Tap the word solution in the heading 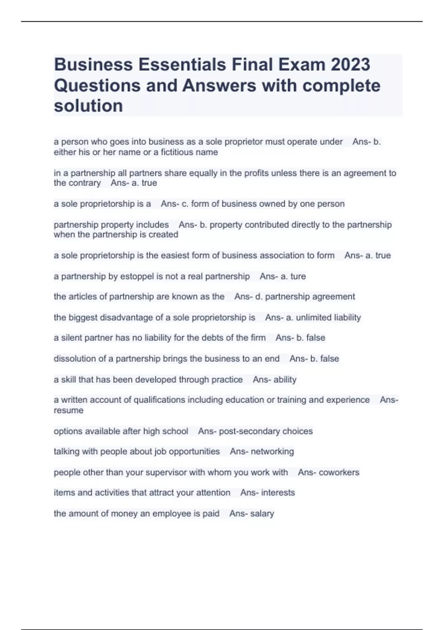(x=88, y=106)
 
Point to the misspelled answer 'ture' (x=298, y=276)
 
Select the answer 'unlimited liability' (x=328, y=318)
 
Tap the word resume (x=68, y=411)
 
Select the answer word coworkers (x=339, y=472)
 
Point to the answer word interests (x=278, y=493)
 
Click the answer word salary (x=262, y=514)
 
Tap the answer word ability (x=285, y=380)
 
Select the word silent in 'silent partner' (x=72, y=338)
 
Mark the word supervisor (x=166, y=472)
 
